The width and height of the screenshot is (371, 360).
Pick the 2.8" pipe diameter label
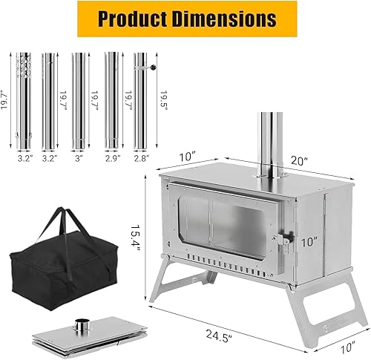141,157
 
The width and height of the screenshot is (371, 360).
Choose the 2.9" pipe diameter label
111,157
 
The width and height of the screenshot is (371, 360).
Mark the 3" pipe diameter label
80,157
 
